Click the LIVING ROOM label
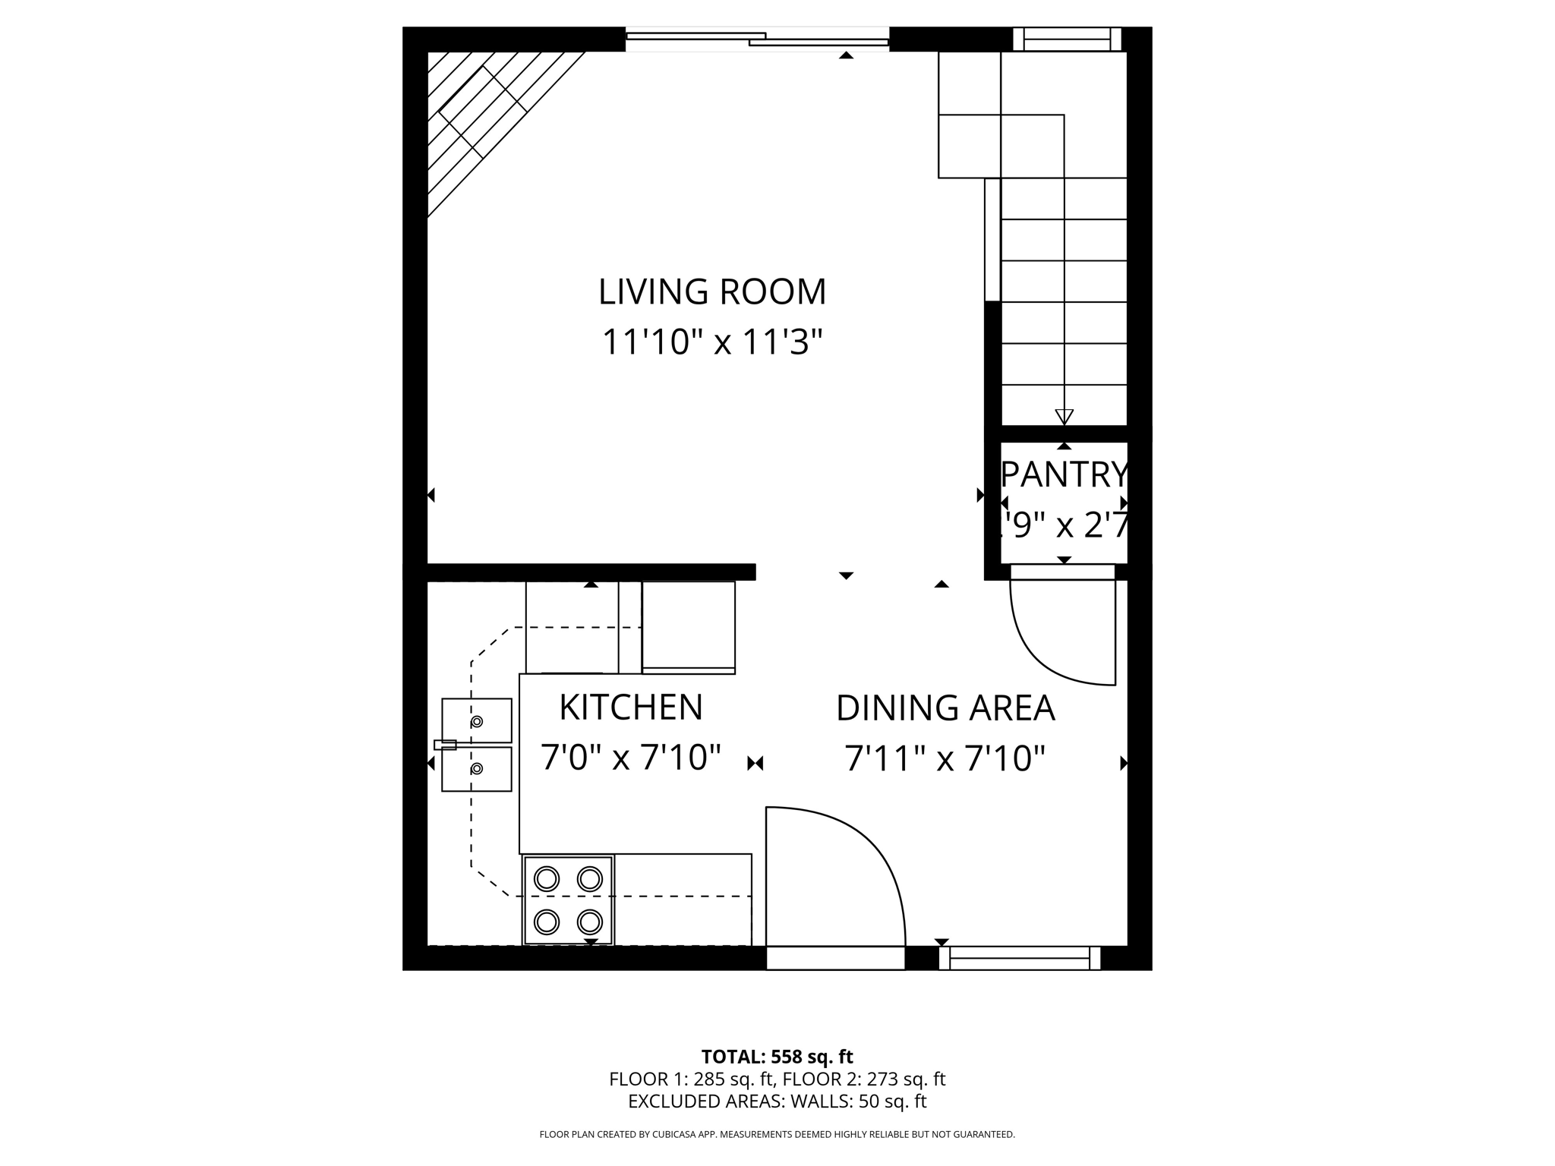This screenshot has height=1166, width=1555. pos(711,292)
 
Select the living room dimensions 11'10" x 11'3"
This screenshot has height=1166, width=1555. pos(711,342)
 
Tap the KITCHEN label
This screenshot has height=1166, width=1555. pos(631,707)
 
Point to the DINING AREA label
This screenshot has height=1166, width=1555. pos(945,708)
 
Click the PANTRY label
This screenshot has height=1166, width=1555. pos(1065,475)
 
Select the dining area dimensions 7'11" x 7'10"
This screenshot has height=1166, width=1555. pos(945,758)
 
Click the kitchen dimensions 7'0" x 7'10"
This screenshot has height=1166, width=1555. pos(630,758)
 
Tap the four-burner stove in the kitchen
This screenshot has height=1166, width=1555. pos(568,900)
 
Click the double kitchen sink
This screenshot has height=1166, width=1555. pos(477,745)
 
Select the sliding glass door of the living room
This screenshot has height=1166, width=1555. pos(757,39)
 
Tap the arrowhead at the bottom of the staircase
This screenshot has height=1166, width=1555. pos(1064,417)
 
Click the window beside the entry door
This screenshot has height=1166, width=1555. pos(1019,958)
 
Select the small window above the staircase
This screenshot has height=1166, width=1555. pos(1067,39)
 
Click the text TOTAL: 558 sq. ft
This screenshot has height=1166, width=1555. pos(777,1057)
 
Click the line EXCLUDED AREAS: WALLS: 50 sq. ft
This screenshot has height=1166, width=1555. pos(777,1101)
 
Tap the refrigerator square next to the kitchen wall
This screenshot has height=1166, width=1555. pos(688,626)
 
